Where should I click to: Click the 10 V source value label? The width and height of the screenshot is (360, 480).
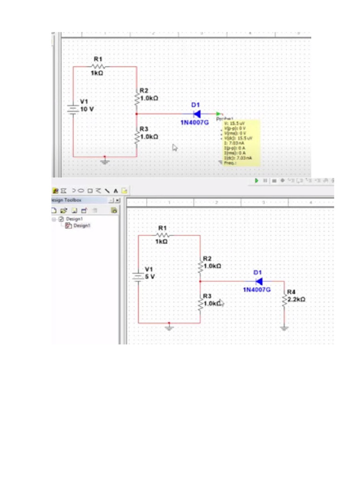point(87,109)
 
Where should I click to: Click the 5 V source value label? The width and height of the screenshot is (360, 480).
point(150,277)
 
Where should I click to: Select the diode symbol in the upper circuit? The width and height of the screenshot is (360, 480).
point(197,113)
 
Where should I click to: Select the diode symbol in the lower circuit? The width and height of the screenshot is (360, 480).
point(259,281)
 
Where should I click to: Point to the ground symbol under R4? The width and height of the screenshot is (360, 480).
point(284,329)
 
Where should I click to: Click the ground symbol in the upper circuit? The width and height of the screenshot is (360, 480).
point(105,161)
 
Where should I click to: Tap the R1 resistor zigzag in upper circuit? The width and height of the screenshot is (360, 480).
point(98,67)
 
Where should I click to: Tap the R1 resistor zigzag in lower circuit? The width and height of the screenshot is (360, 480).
point(161,235)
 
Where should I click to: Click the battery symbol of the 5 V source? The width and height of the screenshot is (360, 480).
point(138,277)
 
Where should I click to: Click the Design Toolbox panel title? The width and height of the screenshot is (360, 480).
point(69,200)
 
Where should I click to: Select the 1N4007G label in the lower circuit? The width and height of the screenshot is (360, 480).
point(256,290)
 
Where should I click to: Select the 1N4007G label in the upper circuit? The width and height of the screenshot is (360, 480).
point(195,122)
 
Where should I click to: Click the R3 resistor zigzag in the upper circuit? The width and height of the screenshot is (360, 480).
point(136,137)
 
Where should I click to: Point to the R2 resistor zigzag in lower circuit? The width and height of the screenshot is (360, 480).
point(200,266)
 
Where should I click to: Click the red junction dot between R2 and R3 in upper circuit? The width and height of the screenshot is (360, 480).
point(136,113)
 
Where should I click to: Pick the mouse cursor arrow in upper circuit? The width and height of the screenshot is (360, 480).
point(175,148)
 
